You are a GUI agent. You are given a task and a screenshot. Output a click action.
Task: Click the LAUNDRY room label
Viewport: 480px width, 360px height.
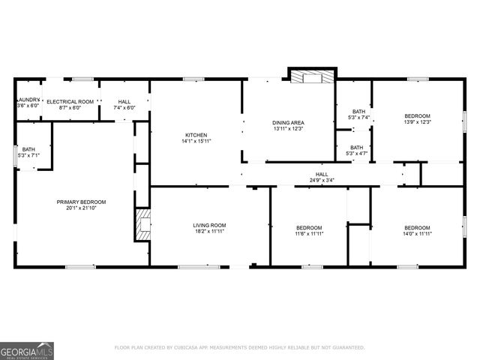[x=28, y=100]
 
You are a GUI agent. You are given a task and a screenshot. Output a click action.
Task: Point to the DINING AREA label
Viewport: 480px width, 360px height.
[x=289, y=122]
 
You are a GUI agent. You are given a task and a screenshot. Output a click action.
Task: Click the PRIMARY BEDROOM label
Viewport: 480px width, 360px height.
[x=81, y=202]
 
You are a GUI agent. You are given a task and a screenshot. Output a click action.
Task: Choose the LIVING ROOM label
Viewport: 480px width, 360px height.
[x=210, y=225]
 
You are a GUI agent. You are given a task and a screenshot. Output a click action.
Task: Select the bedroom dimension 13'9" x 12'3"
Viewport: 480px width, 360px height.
[x=418, y=121]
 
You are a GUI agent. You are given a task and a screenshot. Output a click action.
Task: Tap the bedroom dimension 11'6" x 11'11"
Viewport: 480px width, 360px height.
[x=308, y=234]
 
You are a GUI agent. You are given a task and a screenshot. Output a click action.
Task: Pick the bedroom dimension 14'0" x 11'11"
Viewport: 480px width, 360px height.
[x=417, y=234]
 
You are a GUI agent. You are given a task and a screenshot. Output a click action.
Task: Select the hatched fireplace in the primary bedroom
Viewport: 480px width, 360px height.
[x=142, y=224]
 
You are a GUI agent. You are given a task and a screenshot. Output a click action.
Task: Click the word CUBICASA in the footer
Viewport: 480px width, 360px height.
[x=198, y=347]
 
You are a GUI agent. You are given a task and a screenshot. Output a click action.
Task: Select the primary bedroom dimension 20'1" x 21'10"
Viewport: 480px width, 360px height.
[x=81, y=208]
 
